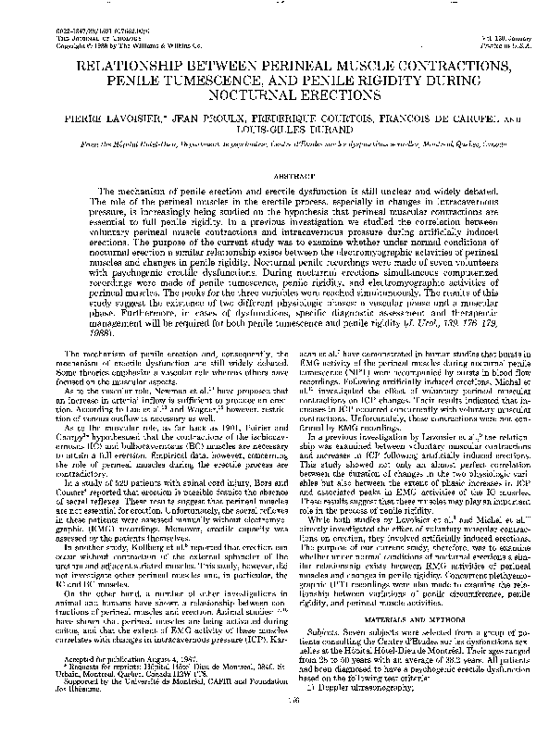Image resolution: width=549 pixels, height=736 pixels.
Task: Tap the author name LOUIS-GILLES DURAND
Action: pos(274,131)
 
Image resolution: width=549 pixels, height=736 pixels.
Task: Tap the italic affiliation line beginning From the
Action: pos(274,147)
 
